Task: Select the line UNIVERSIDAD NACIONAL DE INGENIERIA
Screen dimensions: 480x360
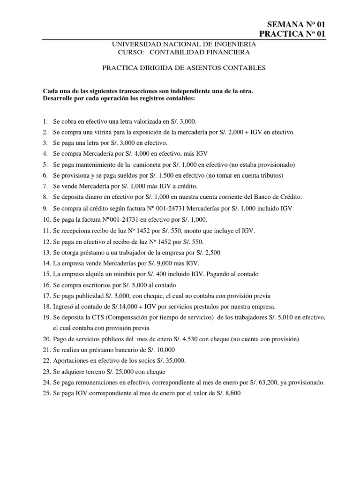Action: tap(183, 44)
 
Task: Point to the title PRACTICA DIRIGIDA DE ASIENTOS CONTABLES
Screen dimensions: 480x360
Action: tap(184, 68)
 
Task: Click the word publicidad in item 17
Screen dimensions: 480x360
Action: tap(91, 295)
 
